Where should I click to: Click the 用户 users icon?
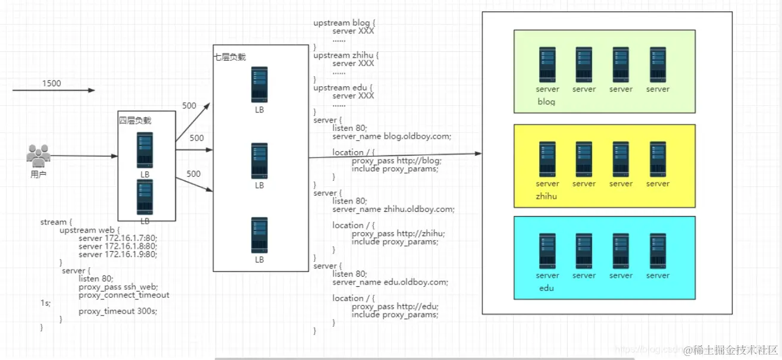pyautogui.click(x=38, y=156)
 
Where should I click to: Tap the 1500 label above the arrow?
pyautogui.click(x=51, y=83)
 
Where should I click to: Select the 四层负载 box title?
pyautogui.click(x=135, y=120)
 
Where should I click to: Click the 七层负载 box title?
pyautogui.click(x=230, y=57)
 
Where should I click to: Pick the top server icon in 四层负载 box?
pyautogui.click(x=145, y=150)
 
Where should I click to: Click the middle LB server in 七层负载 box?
pyautogui.click(x=259, y=161)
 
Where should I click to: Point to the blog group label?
pyautogui.click(x=546, y=102)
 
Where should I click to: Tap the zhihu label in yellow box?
pyautogui.click(x=546, y=196)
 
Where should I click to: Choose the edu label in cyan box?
pyautogui.click(x=546, y=288)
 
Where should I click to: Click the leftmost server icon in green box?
pyautogui.click(x=548, y=65)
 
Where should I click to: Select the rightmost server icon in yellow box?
pyautogui.click(x=658, y=159)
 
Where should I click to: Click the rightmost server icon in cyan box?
pyautogui.click(x=658, y=251)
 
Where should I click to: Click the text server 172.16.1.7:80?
pyautogui.click(x=117, y=238)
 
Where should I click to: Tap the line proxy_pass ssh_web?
pyautogui.click(x=118, y=287)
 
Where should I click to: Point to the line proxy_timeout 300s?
pyautogui.click(x=118, y=311)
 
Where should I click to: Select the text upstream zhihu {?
pyautogui.click(x=346, y=55)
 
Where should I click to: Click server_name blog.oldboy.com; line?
pyautogui.click(x=392, y=136)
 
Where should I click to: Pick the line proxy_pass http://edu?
pyautogui.click(x=395, y=306)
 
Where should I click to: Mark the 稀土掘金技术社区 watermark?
pyautogui.click(x=731, y=350)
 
